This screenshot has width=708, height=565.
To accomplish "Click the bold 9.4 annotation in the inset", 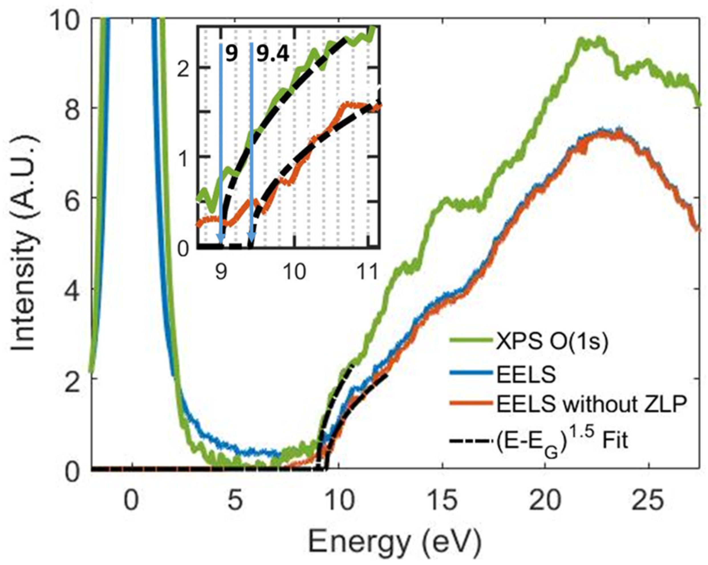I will (x=273, y=54).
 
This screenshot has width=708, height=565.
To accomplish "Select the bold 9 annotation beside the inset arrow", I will (x=231, y=54).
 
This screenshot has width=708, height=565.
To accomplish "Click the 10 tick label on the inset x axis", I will (x=295, y=273).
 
